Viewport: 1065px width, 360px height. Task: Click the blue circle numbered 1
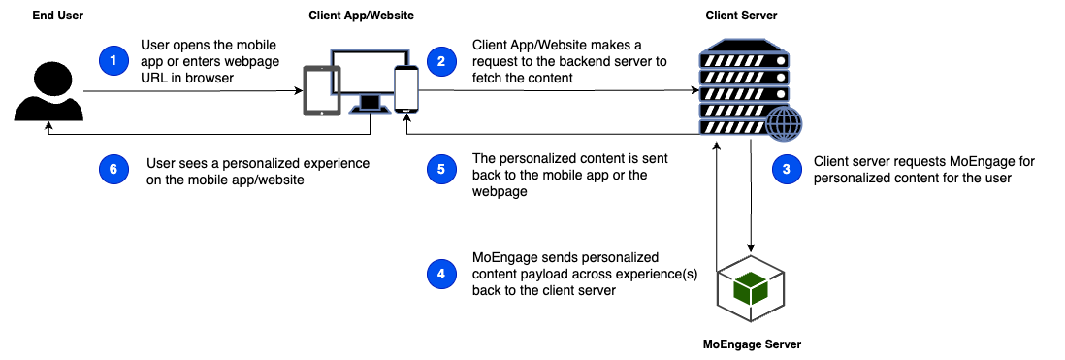coord(113,61)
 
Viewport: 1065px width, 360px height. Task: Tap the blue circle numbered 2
coord(441,61)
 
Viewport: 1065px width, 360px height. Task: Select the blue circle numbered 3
coord(787,170)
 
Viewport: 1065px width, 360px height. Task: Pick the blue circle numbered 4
coord(441,275)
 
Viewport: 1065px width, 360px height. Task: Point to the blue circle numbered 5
coord(441,170)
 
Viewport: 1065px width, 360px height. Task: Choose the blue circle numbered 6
coord(113,170)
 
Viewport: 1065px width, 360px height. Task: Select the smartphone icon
coord(406,89)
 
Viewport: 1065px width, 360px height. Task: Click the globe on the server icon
coord(784,124)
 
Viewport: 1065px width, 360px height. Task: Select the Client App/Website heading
coord(361,15)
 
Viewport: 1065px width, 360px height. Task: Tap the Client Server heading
coord(742,15)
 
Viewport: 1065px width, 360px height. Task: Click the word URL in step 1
coord(153,78)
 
